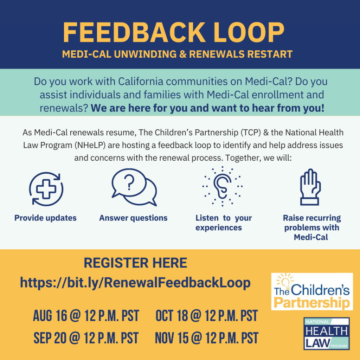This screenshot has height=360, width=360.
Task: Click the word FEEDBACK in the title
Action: click(134, 32)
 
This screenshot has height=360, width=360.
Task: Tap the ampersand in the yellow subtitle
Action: click(183, 54)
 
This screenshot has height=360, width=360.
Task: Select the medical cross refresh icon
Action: click(46, 189)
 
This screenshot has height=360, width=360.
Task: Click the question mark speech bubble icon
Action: click(134, 187)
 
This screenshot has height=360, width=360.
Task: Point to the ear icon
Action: click(222, 186)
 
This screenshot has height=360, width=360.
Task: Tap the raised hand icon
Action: click(310, 187)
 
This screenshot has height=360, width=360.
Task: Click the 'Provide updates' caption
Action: click(45, 218)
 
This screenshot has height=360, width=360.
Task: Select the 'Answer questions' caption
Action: click(133, 218)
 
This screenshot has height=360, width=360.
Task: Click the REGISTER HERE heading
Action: click(135, 263)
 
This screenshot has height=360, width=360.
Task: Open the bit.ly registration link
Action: click(135, 283)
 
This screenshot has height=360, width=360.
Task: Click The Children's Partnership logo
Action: click(312, 291)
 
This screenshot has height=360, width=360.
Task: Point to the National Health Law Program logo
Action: click(327, 334)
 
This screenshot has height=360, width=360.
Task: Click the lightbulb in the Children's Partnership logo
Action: click(285, 281)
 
